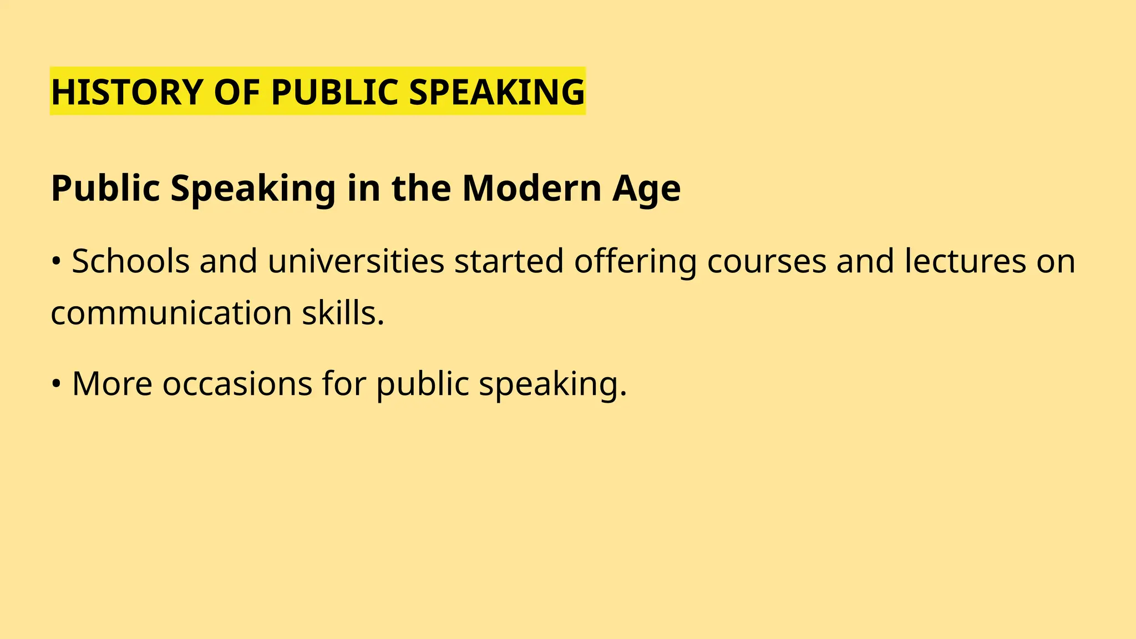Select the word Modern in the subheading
click(x=531, y=188)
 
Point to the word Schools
click(x=131, y=261)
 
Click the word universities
click(x=356, y=261)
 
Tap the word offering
click(x=635, y=262)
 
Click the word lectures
click(x=965, y=261)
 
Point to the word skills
click(x=343, y=313)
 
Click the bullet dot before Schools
click(x=56, y=262)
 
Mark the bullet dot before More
click(x=56, y=384)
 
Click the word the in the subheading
click(x=421, y=188)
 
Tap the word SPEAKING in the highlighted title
click(x=496, y=92)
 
